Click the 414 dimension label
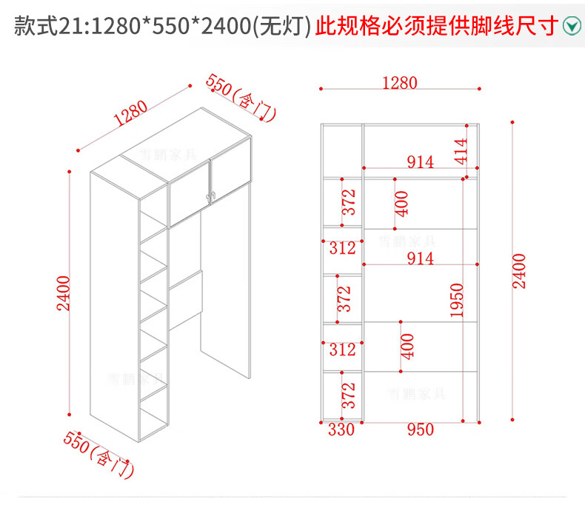coord(460,151)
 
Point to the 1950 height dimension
coord(456,300)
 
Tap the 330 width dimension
coord(342,430)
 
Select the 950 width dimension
coord(419,430)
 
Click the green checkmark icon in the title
coord(571,27)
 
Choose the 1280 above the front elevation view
coord(400,82)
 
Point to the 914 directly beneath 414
coord(420,162)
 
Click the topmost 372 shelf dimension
coord(349,202)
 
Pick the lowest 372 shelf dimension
coord(349,395)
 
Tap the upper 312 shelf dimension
coord(342,248)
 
